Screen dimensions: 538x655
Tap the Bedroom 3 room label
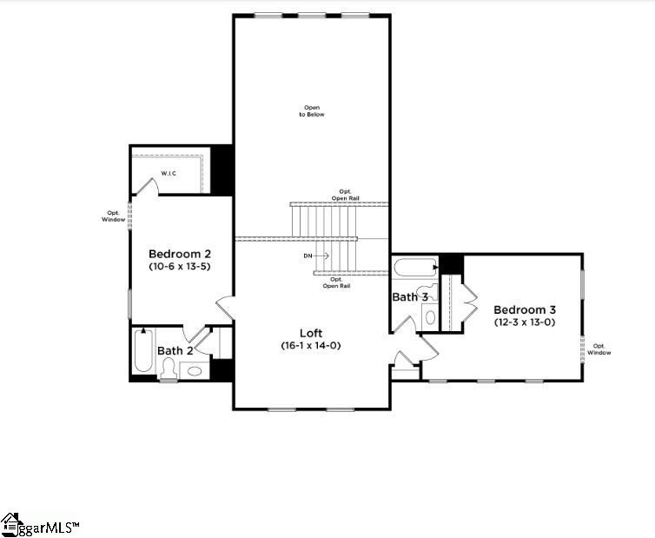tap(525, 309)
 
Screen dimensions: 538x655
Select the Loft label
tap(312, 333)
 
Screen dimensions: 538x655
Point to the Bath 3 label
tap(410, 297)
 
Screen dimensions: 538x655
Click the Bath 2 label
tap(175, 351)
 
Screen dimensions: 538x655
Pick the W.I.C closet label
tap(169, 174)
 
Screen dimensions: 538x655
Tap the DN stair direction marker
tap(308, 256)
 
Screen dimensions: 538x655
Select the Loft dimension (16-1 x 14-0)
tap(312, 345)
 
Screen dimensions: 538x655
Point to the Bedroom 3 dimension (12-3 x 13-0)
tap(525, 322)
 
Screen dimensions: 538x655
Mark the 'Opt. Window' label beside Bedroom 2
tap(113, 216)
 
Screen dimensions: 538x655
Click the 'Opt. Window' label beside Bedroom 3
tap(599, 349)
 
